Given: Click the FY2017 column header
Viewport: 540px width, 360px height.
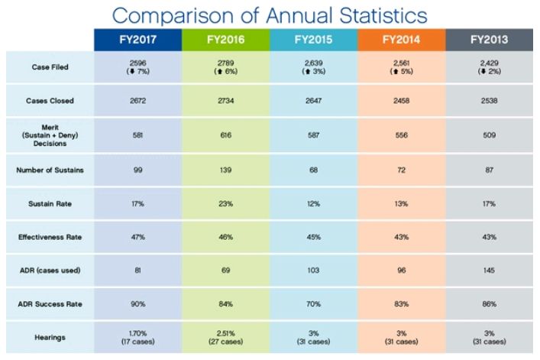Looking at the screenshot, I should coord(138,39).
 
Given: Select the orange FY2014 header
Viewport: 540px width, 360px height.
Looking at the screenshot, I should coord(400,39).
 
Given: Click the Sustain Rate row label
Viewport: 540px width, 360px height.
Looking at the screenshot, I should coord(51,204).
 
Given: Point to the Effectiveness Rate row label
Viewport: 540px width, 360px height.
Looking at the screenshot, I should coord(51,238).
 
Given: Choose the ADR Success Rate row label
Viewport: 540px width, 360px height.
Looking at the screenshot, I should coord(51,303).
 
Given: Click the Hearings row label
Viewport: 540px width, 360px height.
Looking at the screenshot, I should coord(51,336).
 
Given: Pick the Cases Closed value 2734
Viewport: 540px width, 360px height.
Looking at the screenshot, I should coord(225,101).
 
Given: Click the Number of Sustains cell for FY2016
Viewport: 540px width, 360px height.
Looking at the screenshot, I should coord(225,170).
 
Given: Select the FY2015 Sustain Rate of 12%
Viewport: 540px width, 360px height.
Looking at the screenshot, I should coord(313,204).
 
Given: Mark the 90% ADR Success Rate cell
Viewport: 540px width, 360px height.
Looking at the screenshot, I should coord(138,303).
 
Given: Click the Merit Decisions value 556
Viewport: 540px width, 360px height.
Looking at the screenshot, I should coord(400,135).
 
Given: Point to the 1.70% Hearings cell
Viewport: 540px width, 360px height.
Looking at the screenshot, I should coord(138,332).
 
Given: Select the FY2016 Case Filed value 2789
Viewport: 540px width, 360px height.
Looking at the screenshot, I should coord(225,63).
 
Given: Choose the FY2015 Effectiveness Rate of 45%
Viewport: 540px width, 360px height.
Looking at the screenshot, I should coord(313,238).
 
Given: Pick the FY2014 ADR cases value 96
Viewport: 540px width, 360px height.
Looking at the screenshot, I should coord(400,271).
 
